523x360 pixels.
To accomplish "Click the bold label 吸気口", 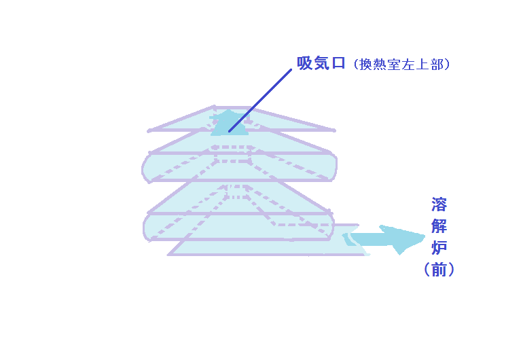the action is (321, 63).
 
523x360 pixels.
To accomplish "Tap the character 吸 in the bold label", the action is (305, 63).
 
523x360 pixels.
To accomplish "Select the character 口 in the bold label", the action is (338, 63).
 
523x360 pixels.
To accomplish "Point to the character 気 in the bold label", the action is (321, 63).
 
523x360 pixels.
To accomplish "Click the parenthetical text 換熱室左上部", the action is (403, 65).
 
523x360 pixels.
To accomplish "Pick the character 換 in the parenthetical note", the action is (366, 65).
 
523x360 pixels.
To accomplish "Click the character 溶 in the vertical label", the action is (439, 204).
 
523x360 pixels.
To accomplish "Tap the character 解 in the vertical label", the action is (439, 226).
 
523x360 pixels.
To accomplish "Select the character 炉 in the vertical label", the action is (439, 248).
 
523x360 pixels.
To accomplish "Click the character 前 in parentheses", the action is (439, 270).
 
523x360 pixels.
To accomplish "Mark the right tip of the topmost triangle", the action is (335, 130).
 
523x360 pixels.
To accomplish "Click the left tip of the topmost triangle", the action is (149, 130).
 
